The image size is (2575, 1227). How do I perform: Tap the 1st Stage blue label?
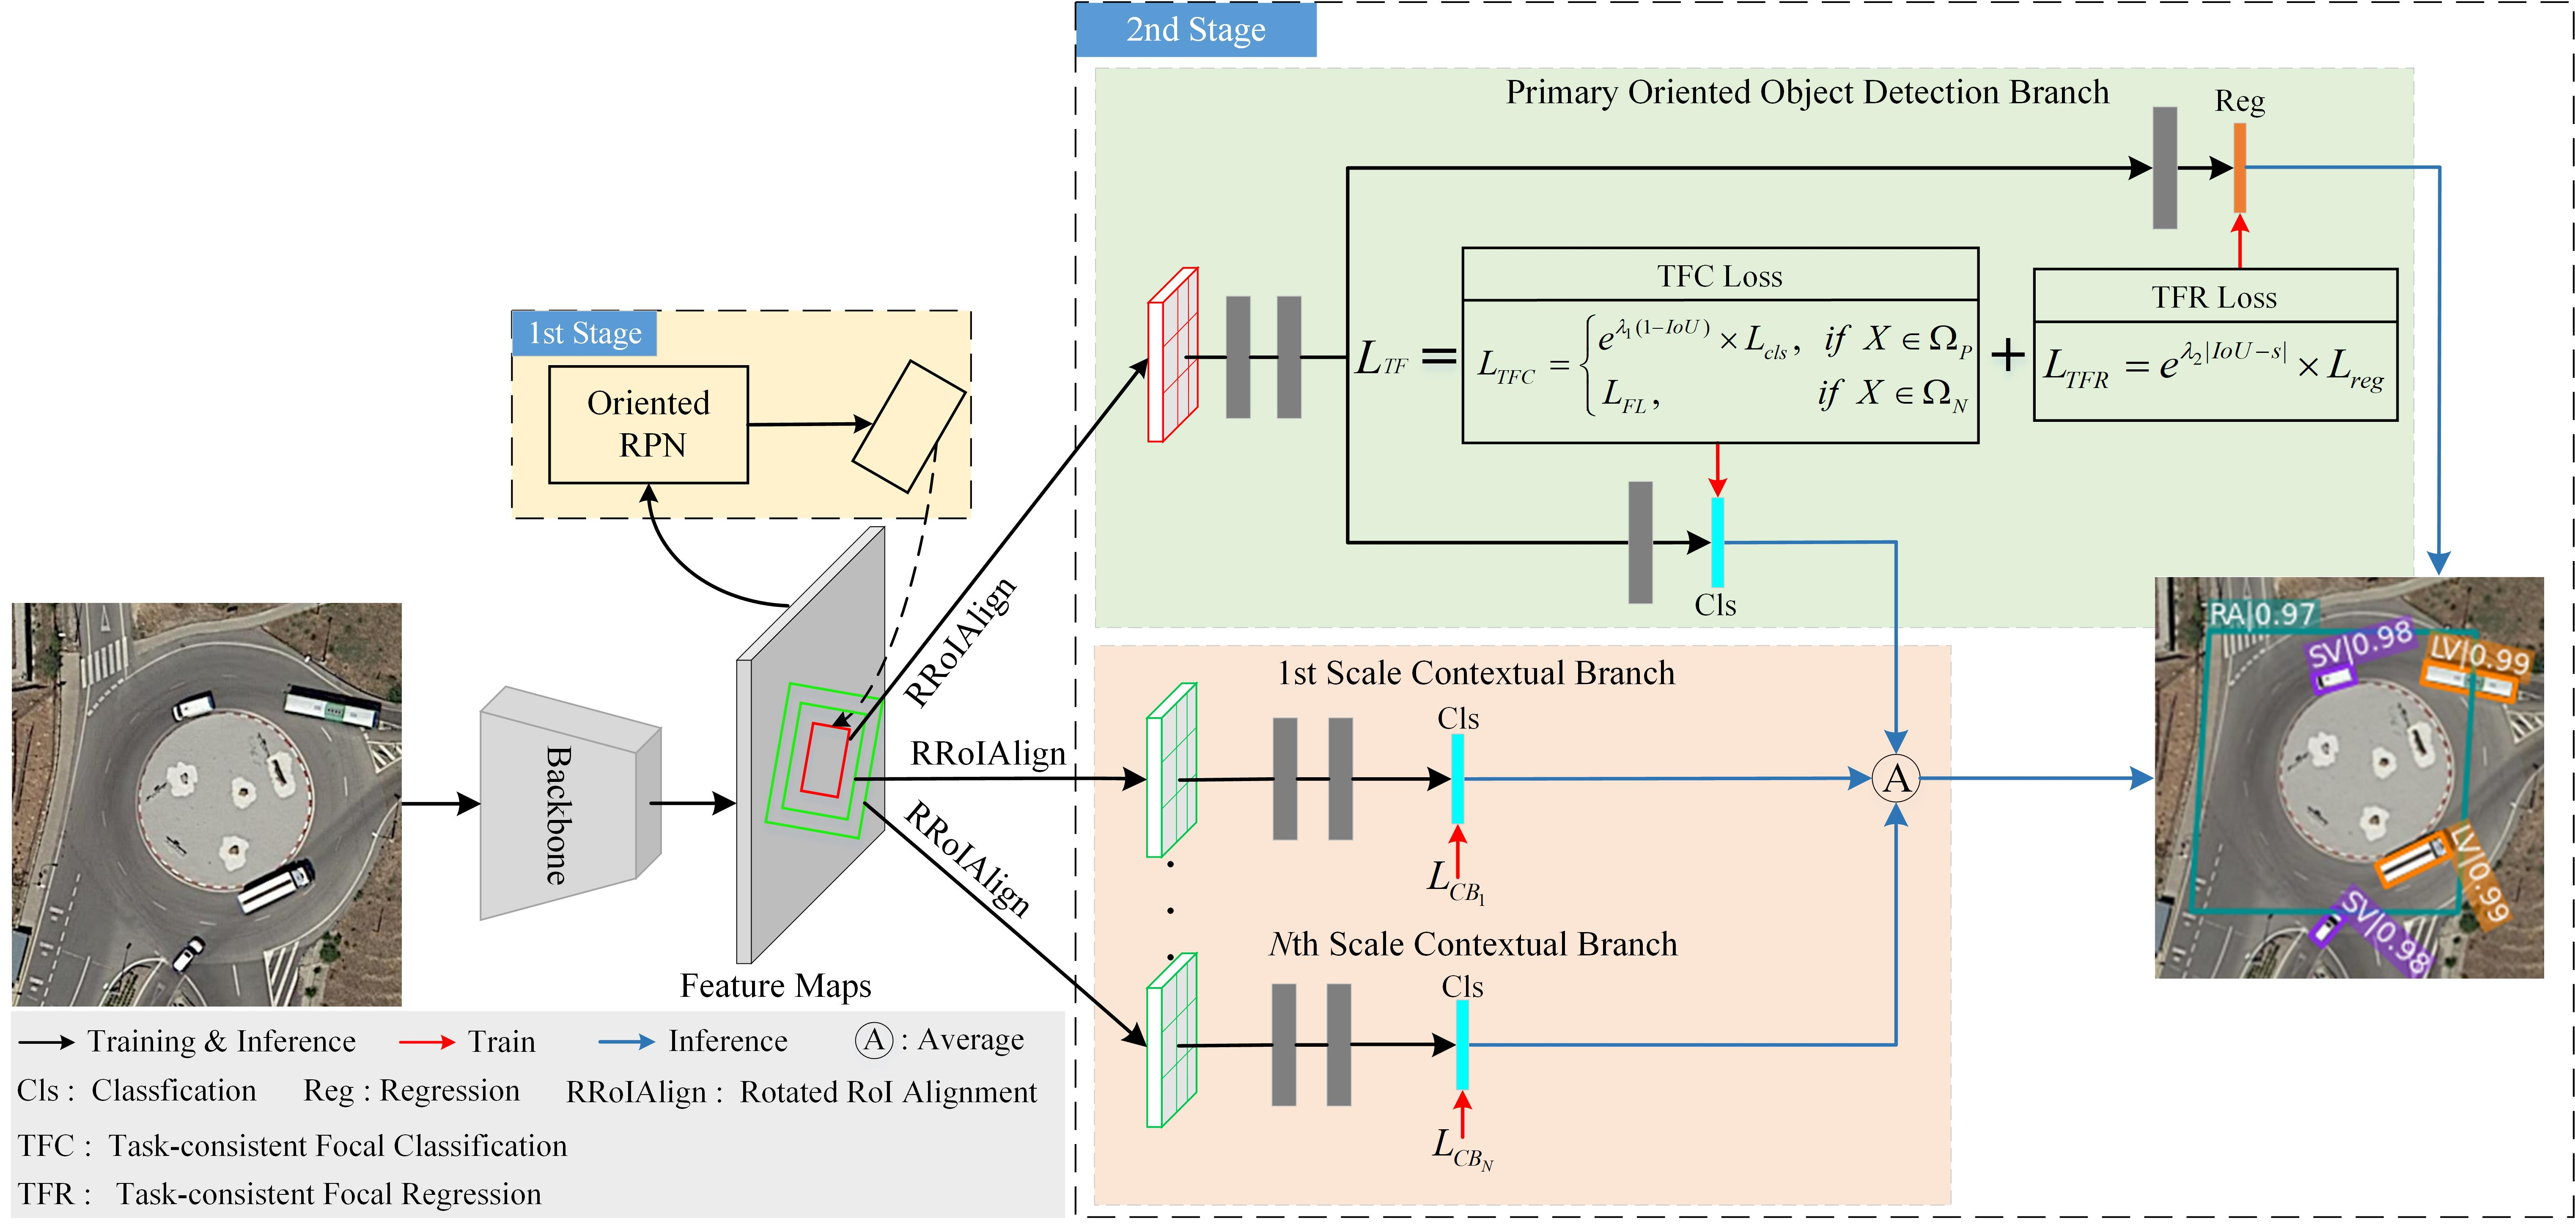(585, 333)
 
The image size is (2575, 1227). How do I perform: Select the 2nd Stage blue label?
(1196, 30)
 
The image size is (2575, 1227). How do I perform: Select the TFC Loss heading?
(1719, 276)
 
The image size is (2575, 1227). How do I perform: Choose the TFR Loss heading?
(2214, 297)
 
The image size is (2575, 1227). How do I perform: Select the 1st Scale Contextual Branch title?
(1475, 673)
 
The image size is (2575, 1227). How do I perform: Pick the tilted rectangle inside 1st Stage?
(908, 427)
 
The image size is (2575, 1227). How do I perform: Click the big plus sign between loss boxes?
(2007, 355)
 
